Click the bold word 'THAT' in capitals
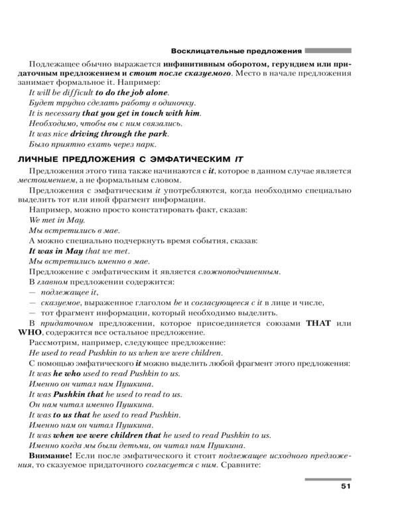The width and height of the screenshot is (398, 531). coord(321,323)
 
